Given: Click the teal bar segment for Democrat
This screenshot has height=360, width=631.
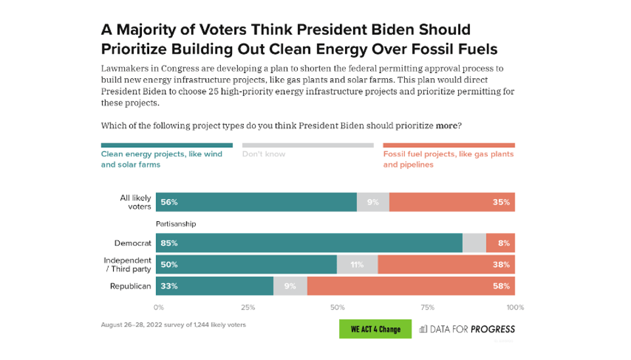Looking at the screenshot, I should (309, 243).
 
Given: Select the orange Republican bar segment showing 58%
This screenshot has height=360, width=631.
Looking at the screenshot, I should (411, 286).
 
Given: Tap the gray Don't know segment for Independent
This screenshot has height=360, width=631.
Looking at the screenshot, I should (358, 265).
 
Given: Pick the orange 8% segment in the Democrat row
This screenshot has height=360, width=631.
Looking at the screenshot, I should (500, 243).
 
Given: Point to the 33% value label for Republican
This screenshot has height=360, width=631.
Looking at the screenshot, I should (169, 286).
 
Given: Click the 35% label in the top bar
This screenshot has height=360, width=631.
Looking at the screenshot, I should (502, 202).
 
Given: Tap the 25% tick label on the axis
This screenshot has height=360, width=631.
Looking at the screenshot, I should (248, 307).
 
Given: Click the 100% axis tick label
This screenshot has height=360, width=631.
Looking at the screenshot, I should (514, 307).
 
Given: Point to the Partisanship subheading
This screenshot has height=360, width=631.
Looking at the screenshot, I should (175, 224).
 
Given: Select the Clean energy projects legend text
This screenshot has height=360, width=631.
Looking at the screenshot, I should (161, 160).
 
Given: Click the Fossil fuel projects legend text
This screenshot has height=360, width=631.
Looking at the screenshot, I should (448, 160).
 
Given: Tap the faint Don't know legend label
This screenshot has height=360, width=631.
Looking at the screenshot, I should (262, 154).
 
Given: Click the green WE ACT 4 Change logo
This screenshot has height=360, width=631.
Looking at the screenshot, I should (375, 329).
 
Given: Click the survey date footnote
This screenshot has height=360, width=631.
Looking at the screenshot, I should (173, 325).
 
